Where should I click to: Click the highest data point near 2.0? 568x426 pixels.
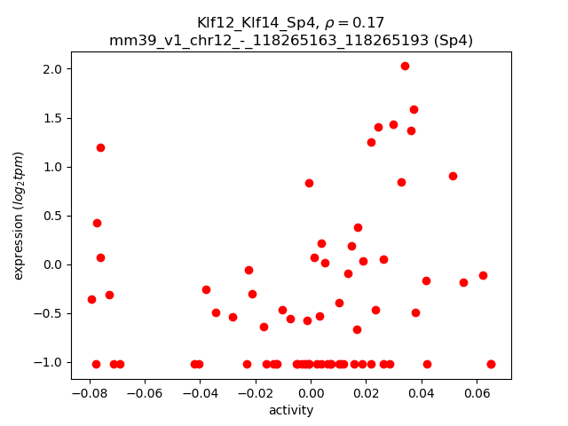tap(405, 66)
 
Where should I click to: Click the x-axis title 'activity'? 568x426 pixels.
tap(291, 410)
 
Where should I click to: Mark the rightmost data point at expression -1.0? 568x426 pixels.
tap(491, 364)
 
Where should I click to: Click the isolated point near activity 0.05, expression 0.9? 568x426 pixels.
tap(453, 176)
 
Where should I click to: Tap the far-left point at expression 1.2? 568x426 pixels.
tap(100, 147)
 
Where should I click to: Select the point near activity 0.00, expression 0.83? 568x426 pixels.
tap(309, 183)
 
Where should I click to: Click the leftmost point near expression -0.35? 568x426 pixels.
tap(91, 299)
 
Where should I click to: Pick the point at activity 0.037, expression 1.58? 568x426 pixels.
tap(414, 110)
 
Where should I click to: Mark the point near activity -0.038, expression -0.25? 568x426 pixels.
tap(206, 289)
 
